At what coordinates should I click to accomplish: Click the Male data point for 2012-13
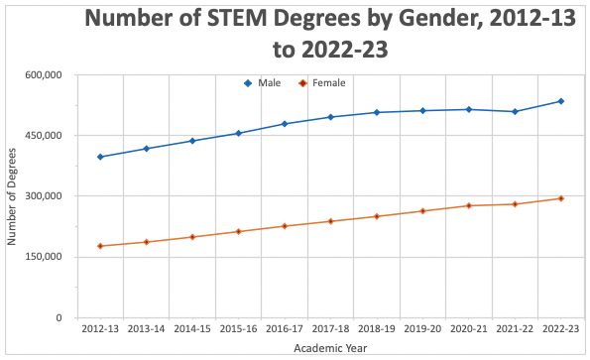(100, 157)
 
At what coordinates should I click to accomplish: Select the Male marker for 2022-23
(560, 101)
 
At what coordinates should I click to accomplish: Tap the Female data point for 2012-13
(100, 246)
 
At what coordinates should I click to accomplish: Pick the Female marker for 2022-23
(560, 198)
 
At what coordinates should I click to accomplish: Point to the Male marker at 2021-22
(515, 111)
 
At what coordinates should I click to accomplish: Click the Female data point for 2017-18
(330, 221)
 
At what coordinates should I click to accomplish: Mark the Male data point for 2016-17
(285, 124)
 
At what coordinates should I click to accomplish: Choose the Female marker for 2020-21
(468, 205)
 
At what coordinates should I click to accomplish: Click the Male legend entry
(262, 83)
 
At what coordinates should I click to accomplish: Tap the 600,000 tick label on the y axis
(44, 74)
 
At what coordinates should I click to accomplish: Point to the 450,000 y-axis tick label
(44, 135)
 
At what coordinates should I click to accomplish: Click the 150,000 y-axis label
(44, 257)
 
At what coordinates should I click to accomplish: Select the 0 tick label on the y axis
(59, 317)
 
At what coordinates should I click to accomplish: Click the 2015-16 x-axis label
(238, 328)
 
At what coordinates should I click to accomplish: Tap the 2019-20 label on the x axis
(422, 328)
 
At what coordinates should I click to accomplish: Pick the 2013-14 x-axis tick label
(146, 328)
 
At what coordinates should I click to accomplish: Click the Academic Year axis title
(330, 348)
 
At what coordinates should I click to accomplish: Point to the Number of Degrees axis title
(13, 196)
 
